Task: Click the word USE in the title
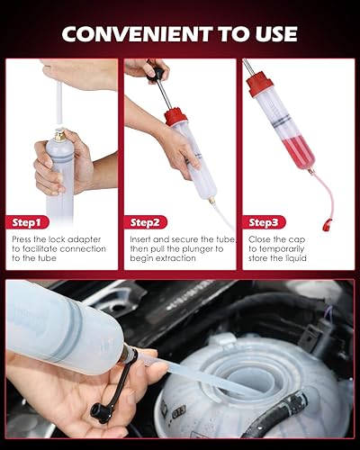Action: pos(268,34)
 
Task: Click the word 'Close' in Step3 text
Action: pos(261,238)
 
